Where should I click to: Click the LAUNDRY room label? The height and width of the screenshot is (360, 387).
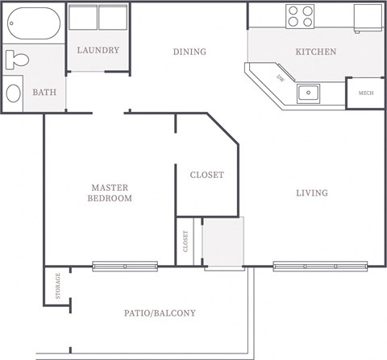pyautogui.click(x=98, y=51)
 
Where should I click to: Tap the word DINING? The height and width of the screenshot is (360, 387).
pyautogui.click(x=189, y=52)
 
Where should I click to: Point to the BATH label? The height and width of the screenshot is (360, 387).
pyautogui.click(x=44, y=93)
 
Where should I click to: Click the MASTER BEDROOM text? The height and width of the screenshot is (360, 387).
pyautogui.click(x=110, y=192)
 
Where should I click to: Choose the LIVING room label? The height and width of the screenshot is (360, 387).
pyautogui.click(x=311, y=193)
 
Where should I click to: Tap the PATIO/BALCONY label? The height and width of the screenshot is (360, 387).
pyautogui.click(x=160, y=313)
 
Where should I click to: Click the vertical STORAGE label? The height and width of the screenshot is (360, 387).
pyautogui.click(x=57, y=286)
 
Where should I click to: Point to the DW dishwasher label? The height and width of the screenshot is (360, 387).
pyautogui.click(x=280, y=79)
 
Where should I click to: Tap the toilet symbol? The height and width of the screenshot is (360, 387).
pyautogui.click(x=17, y=60)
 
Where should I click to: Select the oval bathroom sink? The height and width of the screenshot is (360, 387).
pyautogui.click(x=14, y=93)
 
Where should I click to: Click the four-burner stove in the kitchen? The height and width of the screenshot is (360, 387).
pyautogui.click(x=301, y=15)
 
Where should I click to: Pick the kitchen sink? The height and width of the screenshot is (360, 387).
pyautogui.click(x=308, y=93)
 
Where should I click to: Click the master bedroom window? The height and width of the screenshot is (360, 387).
pyautogui.click(x=125, y=265)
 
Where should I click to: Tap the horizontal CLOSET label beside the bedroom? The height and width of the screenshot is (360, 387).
pyautogui.click(x=206, y=175)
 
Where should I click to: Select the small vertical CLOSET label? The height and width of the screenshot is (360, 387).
pyautogui.click(x=185, y=241)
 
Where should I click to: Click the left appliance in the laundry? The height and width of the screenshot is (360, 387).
pyautogui.click(x=83, y=18)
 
